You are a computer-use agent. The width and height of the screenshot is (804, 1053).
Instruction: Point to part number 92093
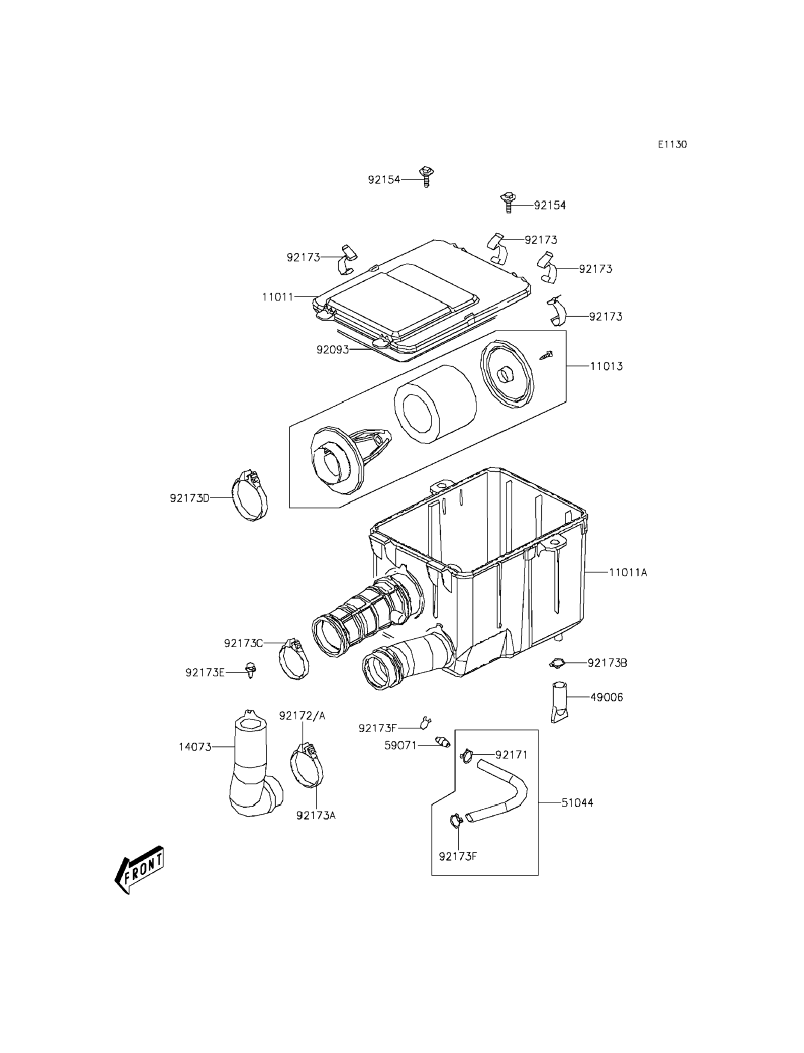tap(333, 350)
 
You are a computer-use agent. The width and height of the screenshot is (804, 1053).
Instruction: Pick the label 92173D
tap(189, 498)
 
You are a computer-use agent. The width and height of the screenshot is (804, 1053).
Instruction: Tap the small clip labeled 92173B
tap(556, 663)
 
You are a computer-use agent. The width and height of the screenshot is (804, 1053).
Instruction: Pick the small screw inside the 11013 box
tap(547, 355)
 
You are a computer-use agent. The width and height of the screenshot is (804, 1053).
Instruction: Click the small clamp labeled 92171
tap(466, 756)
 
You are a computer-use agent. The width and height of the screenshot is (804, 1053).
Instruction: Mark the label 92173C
tap(243, 643)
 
